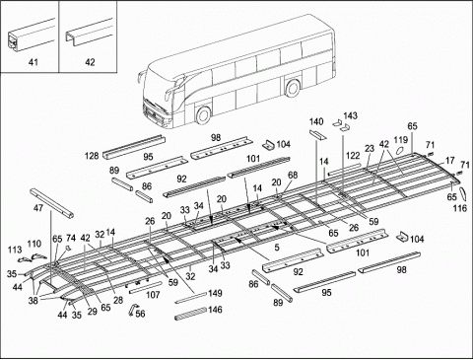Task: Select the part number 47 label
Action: (38, 210)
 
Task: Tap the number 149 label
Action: (216, 293)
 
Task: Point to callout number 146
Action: (216, 310)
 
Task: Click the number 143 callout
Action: (351, 115)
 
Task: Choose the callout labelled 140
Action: (316, 121)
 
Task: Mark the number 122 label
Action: (352, 155)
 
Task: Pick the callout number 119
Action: (401, 141)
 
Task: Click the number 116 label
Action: (460, 209)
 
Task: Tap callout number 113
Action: (16, 249)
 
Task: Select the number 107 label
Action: (154, 294)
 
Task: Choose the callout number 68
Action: (292, 176)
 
